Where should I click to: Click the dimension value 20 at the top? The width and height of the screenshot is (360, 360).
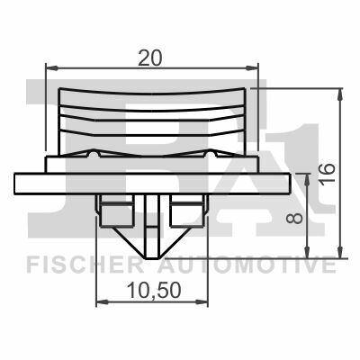(149, 58)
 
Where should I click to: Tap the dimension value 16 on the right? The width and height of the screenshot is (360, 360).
(327, 174)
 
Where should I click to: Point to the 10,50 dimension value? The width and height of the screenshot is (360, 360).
(154, 290)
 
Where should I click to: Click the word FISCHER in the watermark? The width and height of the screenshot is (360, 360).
(85, 265)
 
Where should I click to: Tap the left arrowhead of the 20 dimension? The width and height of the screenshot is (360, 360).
(51, 68)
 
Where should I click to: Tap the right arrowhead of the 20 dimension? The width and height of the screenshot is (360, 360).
(252, 68)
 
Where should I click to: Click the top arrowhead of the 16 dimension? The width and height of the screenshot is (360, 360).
(340, 94)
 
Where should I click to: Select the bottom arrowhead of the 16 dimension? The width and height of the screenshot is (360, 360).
(340, 252)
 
